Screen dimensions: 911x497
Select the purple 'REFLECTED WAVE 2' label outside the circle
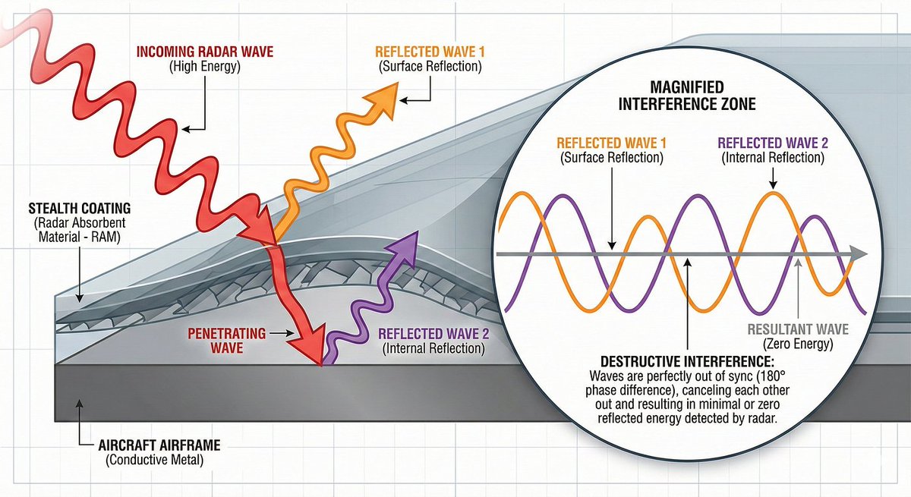point(430,335)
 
